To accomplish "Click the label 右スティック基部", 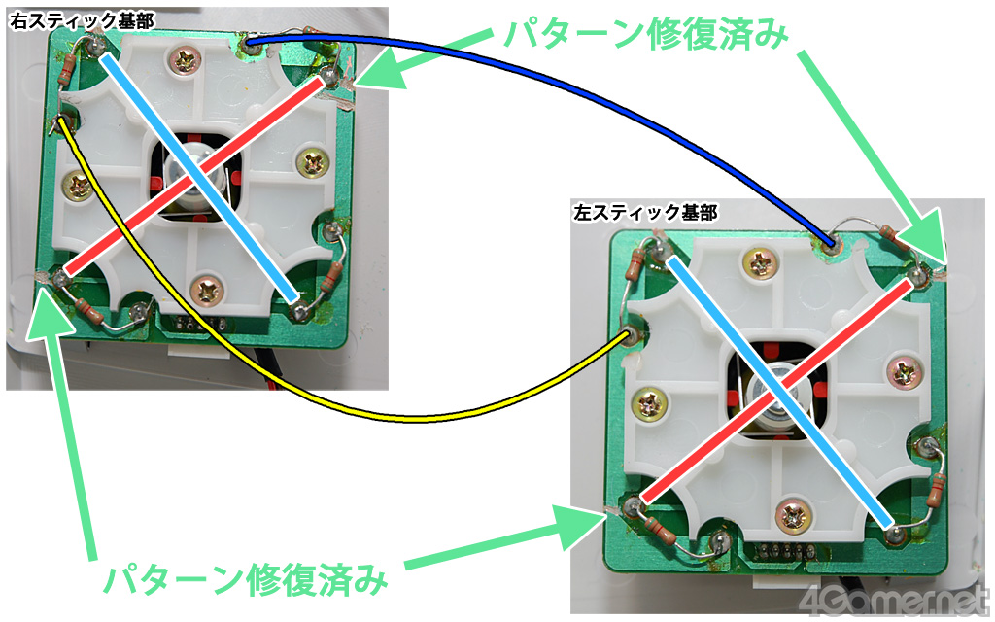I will pyautogui.click(x=70, y=19).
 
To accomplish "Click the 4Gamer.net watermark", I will pyautogui.click(x=895, y=599).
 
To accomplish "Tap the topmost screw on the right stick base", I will pyautogui.click(x=183, y=61).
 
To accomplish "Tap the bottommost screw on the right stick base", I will pyautogui.click(x=208, y=287).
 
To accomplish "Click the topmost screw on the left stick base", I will pyautogui.click(x=758, y=260).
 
